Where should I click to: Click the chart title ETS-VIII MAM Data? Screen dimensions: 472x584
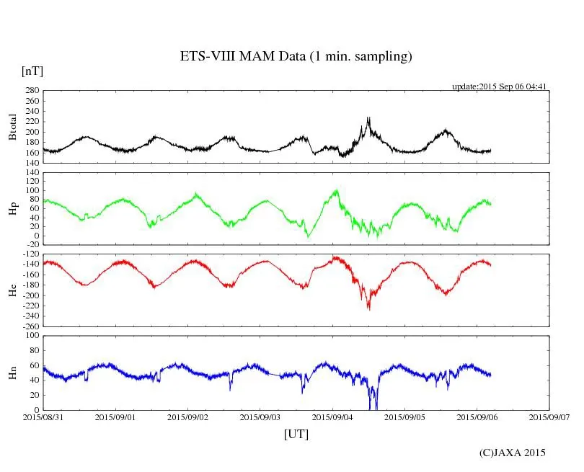[296, 57]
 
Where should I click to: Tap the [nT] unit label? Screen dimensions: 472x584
[32, 71]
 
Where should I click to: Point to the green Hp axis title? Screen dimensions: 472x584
[13, 209]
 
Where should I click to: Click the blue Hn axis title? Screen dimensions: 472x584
[13, 373]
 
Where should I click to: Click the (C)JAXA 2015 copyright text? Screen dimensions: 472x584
[513, 453]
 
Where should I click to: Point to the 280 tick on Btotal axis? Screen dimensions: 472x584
[31, 91]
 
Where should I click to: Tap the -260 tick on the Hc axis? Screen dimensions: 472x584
[29, 326]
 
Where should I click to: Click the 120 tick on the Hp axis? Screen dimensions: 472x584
[31, 173]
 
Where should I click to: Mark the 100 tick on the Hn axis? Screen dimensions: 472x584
[31, 336]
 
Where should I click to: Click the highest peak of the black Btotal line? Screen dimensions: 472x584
[368, 117]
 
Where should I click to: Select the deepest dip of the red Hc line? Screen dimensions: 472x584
[368, 308]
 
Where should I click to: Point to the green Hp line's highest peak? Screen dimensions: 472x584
[336, 190]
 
